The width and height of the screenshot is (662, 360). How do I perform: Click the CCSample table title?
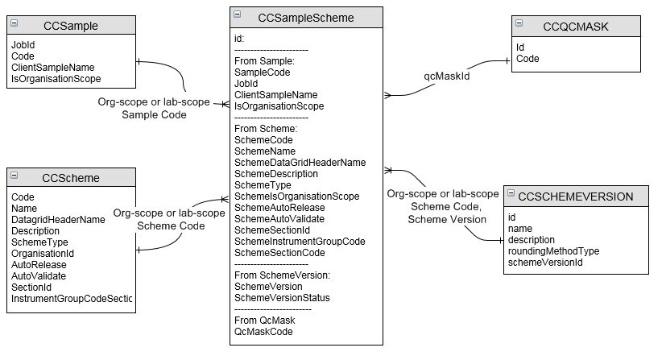(x=71, y=26)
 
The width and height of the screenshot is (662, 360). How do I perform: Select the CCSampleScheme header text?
(x=306, y=18)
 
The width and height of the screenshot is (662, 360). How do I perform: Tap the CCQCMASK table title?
(x=576, y=27)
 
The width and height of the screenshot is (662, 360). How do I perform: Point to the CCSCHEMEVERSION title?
(x=576, y=197)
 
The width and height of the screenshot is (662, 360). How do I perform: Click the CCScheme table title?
(x=71, y=178)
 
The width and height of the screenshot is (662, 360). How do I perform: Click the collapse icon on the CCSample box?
(x=14, y=23)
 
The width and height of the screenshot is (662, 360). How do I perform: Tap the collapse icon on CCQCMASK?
(x=519, y=23)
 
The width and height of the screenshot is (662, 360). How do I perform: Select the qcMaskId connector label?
(x=447, y=76)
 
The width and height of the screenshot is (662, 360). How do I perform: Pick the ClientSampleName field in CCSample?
(x=53, y=68)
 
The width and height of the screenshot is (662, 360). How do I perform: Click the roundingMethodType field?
(x=553, y=251)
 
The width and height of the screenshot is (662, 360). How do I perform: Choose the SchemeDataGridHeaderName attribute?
(x=300, y=163)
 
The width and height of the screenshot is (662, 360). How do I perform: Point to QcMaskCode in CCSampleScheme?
(x=263, y=332)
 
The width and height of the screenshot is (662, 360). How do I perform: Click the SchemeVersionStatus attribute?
(x=282, y=298)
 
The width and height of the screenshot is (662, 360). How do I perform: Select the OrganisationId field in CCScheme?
(x=43, y=254)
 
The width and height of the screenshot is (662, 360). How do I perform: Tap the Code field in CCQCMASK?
(x=528, y=59)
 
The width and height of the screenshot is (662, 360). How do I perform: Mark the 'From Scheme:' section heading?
(x=266, y=129)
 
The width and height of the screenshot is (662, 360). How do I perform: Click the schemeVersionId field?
(x=545, y=263)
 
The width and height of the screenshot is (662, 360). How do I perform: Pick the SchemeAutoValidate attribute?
(x=279, y=219)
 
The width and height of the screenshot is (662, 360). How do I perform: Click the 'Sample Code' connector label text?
(x=154, y=115)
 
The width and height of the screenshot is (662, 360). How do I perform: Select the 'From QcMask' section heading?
(x=265, y=321)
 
